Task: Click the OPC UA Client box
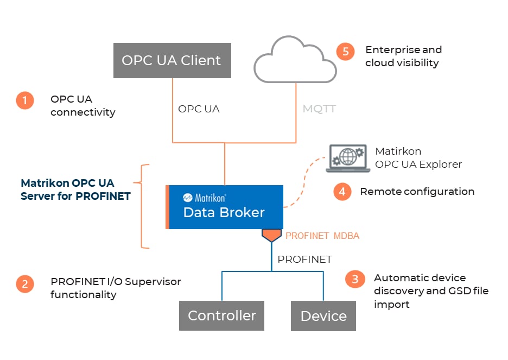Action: (x=171, y=60)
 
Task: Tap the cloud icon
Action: (x=295, y=61)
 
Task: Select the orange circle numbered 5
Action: (x=345, y=52)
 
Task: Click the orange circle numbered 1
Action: (x=25, y=100)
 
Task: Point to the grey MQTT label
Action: (x=319, y=109)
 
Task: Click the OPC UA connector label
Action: (x=199, y=109)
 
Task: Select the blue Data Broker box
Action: (x=226, y=207)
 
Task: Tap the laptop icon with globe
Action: (x=348, y=159)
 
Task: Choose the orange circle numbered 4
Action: (x=342, y=192)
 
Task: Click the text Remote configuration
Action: (x=417, y=192)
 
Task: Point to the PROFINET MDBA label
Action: (x=322, y=236)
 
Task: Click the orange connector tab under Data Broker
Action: (x=271, y=235)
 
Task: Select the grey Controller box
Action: (x=221, y=315)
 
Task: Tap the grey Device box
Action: (x=323, y=316)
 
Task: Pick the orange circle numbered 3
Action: (x=355, y=279)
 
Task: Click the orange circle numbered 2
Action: (x=25, y=283)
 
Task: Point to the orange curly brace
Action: (x=144, y=207)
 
